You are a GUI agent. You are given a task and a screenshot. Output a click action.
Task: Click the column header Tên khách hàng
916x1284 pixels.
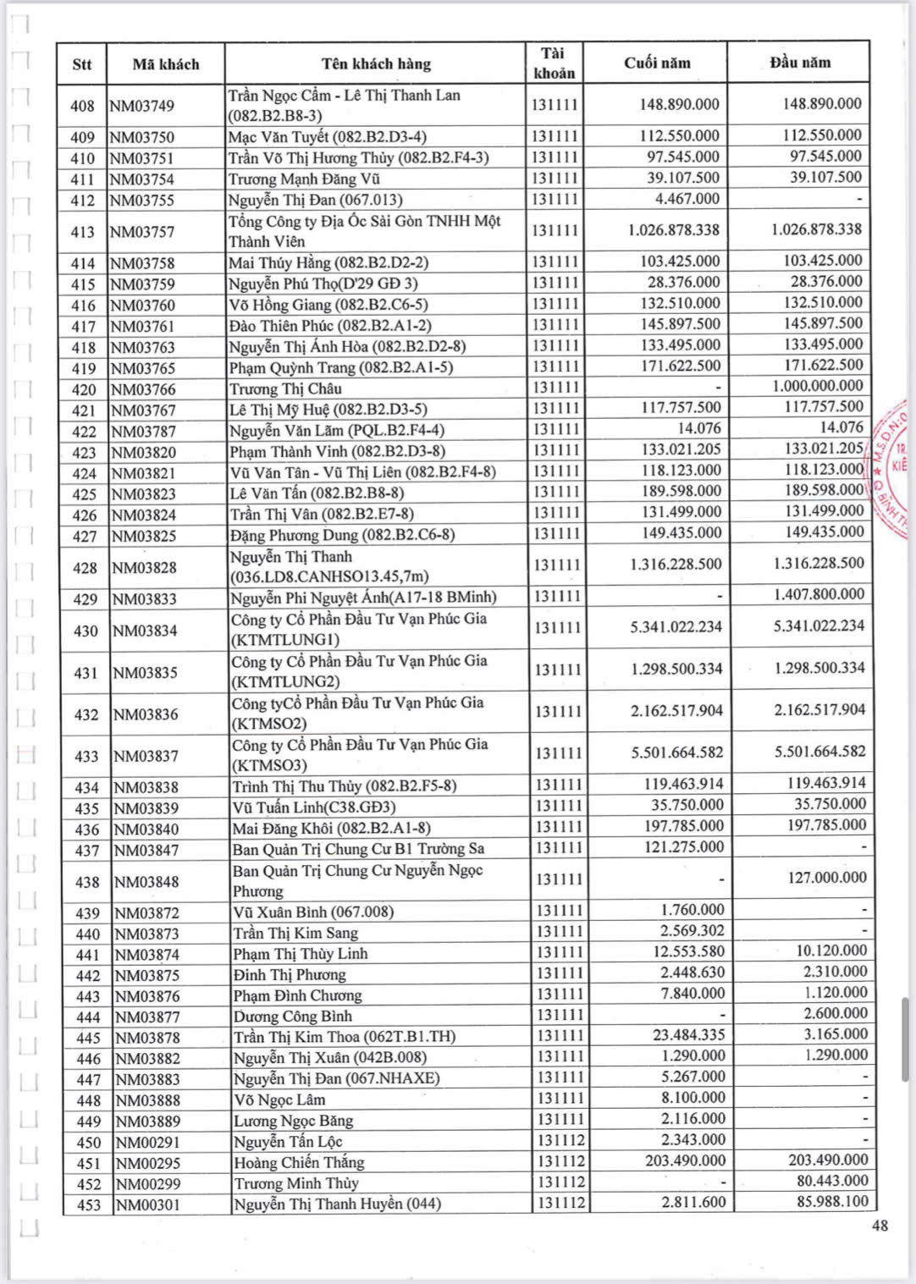(376, 63)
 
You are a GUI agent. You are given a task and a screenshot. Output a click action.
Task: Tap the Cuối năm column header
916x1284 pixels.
(657, 63)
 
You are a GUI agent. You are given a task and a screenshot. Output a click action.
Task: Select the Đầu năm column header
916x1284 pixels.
(800, 63)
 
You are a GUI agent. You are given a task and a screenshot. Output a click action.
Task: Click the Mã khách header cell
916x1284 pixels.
(166, 64)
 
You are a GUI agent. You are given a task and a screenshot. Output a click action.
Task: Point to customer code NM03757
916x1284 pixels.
(142, 232)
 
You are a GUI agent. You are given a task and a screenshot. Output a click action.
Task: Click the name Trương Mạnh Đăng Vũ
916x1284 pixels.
(304, 179)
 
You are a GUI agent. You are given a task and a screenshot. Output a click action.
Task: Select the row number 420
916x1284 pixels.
(83, 390)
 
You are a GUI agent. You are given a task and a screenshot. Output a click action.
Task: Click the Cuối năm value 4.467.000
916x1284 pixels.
(687, 199)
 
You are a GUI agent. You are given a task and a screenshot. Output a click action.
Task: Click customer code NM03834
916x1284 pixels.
(145, 631)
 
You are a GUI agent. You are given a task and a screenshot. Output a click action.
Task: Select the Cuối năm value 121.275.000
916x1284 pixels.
(684, 847)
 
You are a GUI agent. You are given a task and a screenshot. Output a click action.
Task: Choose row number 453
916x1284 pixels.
(88, 1205)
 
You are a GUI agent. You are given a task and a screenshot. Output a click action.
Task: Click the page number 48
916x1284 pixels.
(880, 1226)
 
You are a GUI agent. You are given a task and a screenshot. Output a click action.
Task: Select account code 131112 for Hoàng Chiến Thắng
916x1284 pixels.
(559, 1162)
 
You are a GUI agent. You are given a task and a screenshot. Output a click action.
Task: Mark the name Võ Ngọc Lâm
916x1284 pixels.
(279, 1100)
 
